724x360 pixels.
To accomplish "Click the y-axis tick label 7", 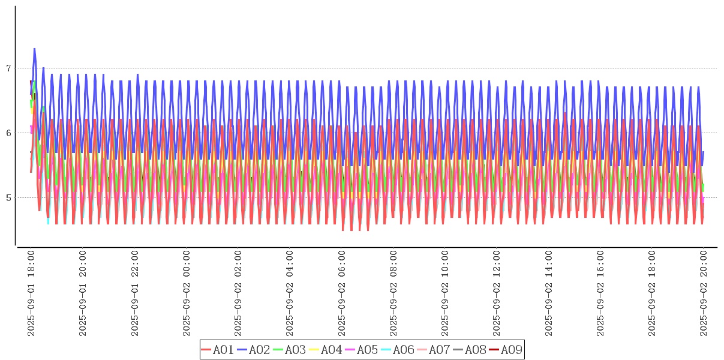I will [x=8, y=68].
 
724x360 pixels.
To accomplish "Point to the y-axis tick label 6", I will [x=8, y=133].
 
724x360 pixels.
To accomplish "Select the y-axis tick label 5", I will [x=8, y=198].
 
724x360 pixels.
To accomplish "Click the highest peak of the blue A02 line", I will [x=34, y=49].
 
